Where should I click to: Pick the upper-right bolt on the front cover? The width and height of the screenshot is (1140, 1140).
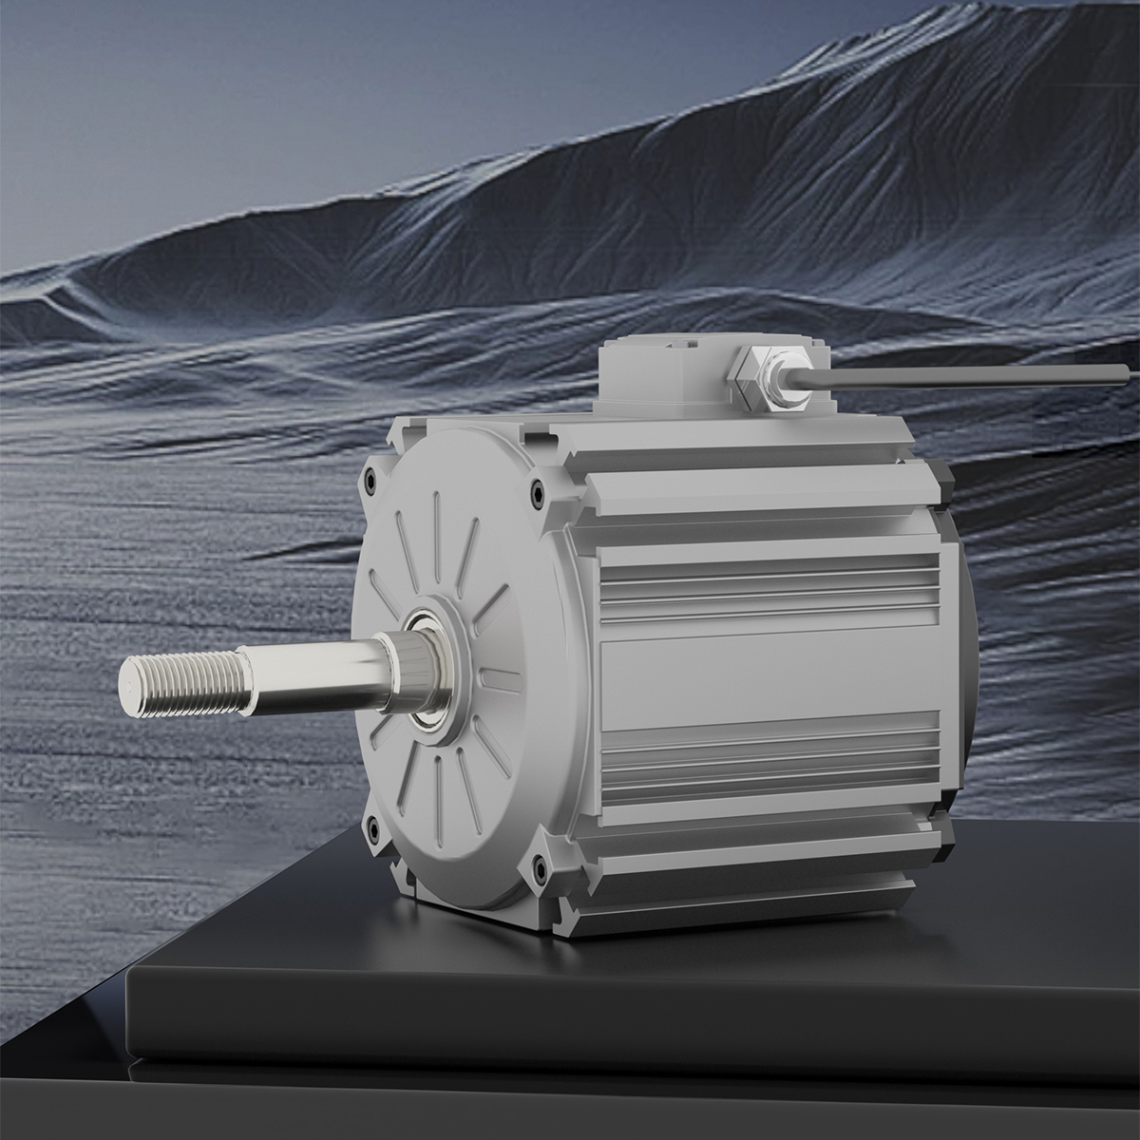539,493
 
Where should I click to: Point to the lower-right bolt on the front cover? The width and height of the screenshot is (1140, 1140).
541,865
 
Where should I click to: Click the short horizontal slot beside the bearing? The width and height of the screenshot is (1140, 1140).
504,675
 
